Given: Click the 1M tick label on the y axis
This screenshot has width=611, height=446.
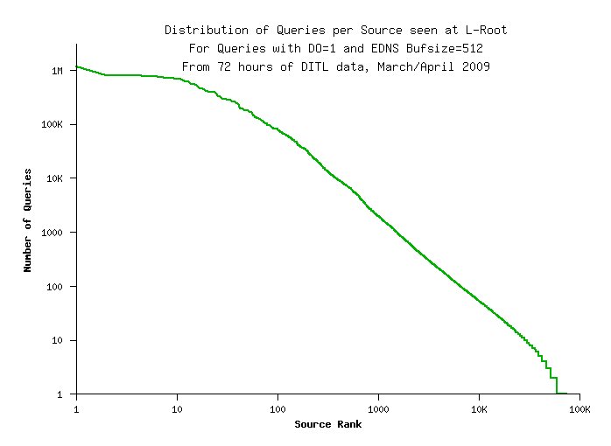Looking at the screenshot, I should pos(58,71).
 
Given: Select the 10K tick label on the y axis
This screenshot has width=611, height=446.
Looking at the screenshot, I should pos(55,178).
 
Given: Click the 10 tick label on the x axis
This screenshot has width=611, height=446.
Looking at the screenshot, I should pos(178,408).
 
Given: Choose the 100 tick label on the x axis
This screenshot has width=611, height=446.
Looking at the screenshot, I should pos(278,408).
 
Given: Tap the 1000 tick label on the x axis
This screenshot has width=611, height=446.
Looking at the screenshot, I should pos(379,408).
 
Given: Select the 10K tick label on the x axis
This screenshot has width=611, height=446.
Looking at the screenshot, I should pos(480,408).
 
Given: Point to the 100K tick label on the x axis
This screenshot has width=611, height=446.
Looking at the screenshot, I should pos(579,408).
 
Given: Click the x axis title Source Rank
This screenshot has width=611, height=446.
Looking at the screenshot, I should pos(327,425).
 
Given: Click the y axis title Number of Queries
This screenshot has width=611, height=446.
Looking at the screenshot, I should pos(28,220).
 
